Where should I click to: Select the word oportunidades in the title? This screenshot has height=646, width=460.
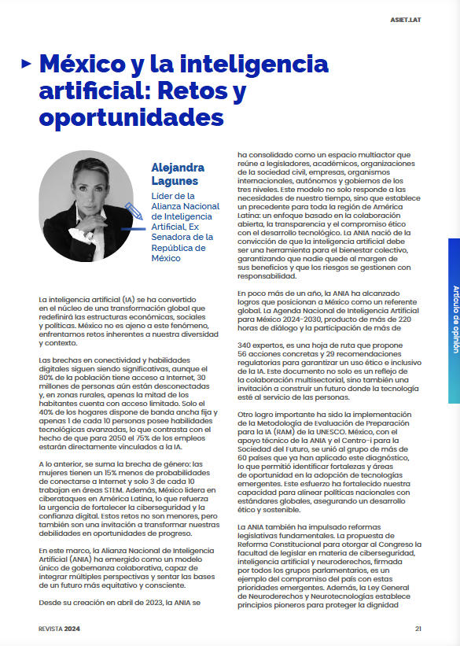pos(131,116)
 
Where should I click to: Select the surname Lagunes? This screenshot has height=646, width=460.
pos(175,181)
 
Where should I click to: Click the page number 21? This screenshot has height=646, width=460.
pos(418,628)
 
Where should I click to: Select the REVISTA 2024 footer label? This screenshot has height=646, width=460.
pos(59,628)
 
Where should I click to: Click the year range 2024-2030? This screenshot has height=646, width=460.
pos(300,320)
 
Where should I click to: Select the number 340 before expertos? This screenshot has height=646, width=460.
pos(246,345)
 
